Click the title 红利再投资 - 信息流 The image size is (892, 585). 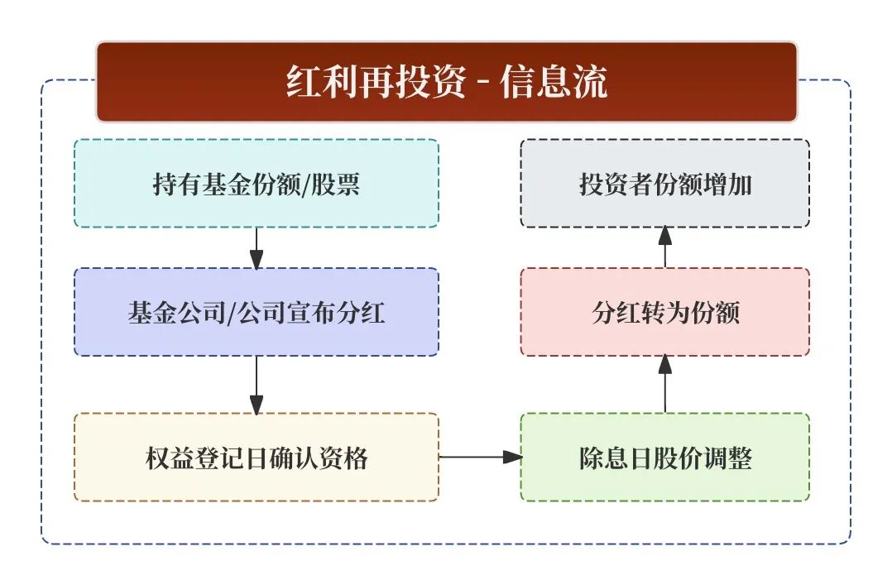tap(447, 82)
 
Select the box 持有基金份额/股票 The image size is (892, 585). tap(256, 184)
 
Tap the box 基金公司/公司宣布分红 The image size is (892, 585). tap(256, 313)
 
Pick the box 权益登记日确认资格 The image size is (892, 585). tap(256, 458)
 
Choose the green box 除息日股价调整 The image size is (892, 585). tap(664, 458)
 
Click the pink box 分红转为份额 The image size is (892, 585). tap(664, 313)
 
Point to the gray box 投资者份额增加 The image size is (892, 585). tap(664, 184)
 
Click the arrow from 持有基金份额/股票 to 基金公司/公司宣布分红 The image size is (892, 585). tap(257, 247)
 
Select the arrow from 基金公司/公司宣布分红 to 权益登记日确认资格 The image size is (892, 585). tap(257, 385)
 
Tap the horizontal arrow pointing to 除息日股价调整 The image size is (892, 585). tap(480, 456)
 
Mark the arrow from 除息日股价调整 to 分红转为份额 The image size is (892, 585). tap(665, 385)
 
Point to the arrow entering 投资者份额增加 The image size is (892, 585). tap(665, 247)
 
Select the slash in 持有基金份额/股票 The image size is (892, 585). tap(310, 184)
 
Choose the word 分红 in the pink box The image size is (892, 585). tap(613, 313)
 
